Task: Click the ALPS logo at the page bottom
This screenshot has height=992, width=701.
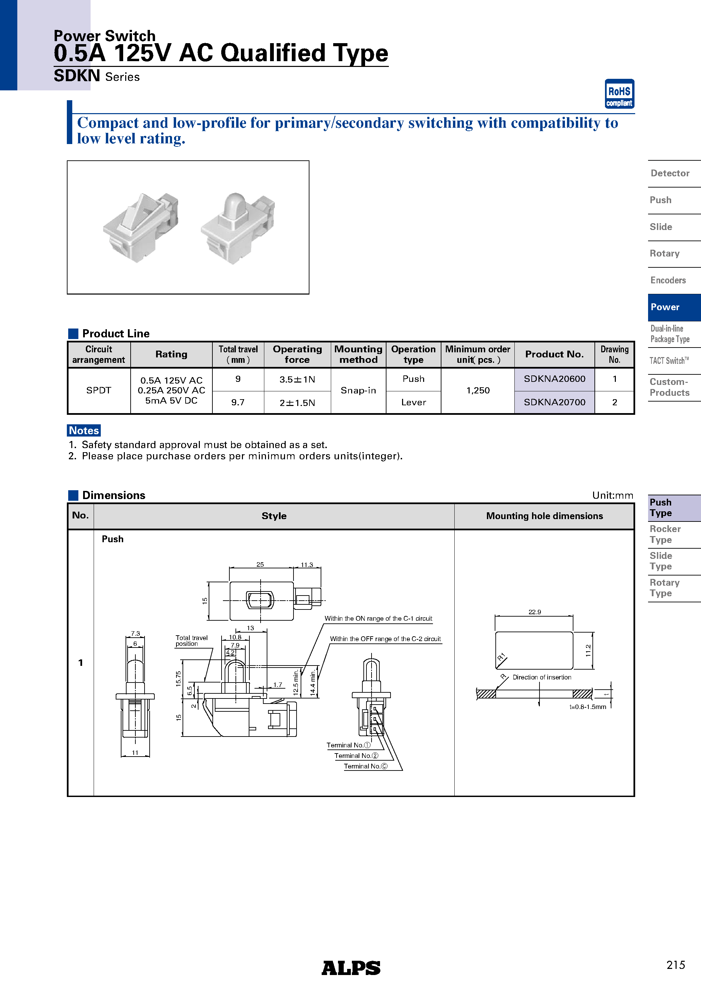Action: click(350, 968)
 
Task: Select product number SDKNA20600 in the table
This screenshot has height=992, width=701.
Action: click(554, 379)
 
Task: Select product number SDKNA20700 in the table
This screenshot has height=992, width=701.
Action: click(554, 402)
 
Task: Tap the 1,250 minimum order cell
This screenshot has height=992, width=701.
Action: click(477, 391)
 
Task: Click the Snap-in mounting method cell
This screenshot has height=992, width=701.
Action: click(358, 391)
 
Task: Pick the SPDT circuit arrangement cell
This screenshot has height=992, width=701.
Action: click(98, 391)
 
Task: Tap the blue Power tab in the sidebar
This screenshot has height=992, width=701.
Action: click(674, 307)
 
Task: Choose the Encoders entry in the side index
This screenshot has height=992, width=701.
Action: click(668, 280)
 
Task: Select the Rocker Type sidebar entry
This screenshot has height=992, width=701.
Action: click(665, 534)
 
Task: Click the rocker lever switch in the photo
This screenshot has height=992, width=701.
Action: click(140, 227)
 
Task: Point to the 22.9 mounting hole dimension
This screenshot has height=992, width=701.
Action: click(534, 612)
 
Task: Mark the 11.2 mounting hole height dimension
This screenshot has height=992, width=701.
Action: click(588, 650)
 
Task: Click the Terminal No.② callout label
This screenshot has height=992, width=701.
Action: click(356, 756)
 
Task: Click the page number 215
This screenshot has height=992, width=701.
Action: click(675, 965)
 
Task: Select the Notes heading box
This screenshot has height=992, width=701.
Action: click(84, 430)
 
